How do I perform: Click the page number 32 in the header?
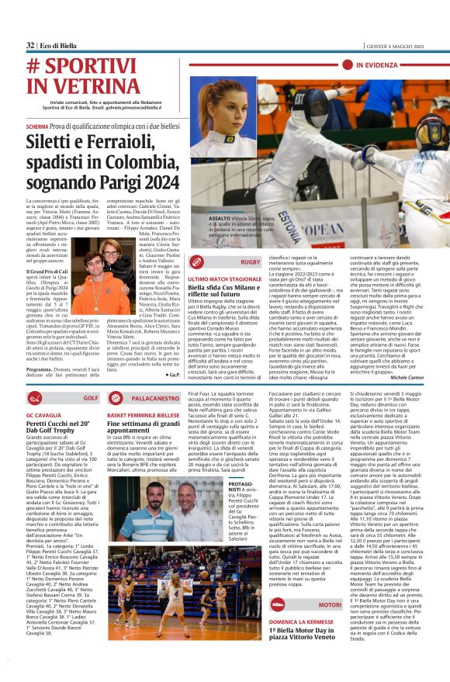(29, 45)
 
